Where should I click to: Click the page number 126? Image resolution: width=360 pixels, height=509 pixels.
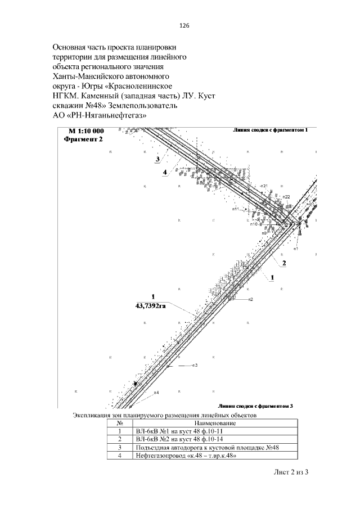[x=183, y=26]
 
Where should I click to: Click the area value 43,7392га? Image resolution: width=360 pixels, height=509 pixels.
[x=151, y=305]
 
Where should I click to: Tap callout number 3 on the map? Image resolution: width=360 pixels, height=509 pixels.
[x=159, y=160]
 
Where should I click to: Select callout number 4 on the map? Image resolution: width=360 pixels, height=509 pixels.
[x=165, y=173]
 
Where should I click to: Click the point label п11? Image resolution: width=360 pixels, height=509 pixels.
[x=236, y=209]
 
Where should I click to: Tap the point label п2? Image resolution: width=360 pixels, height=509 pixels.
[x=251, y=299]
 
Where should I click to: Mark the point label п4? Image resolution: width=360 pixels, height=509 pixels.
[x=156, y=392]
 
